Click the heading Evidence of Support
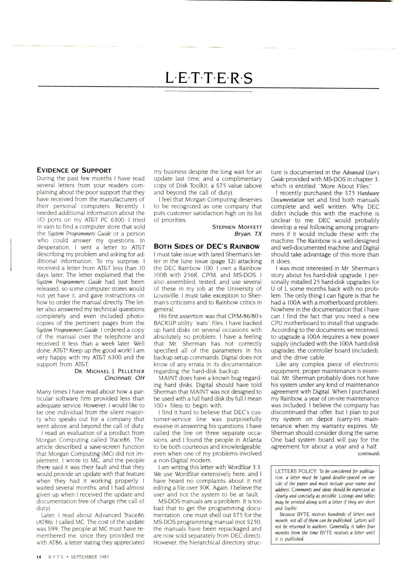74,170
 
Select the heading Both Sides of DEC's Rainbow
206,246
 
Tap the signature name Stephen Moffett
237,227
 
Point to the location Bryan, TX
248,234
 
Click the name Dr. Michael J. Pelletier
109,371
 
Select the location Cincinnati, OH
124,378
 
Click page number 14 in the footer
39,557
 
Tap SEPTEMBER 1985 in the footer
90,557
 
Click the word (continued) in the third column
368,453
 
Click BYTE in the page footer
56,557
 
